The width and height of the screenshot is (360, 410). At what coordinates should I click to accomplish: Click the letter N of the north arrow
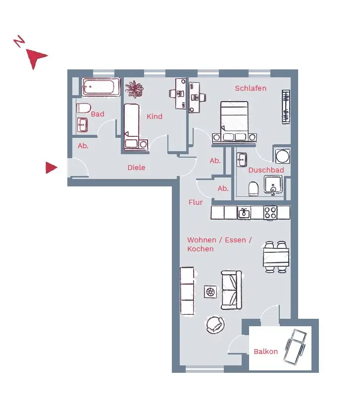pos(19,42)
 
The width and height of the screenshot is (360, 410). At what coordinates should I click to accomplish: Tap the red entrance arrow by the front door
pos(51,168)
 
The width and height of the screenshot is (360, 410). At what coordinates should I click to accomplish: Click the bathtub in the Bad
pos(101,88)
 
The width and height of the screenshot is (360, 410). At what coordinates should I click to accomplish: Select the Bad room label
pos(98,114)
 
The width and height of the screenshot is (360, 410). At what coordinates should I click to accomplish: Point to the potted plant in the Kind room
pos(134,89)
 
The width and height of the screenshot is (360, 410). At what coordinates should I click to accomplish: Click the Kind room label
pos(154,117)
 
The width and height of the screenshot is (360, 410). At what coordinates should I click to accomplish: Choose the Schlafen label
pos(251,88)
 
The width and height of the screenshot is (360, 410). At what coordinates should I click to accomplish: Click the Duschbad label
pos(266,170)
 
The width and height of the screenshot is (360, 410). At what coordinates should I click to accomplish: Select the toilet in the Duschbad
pos(254,188)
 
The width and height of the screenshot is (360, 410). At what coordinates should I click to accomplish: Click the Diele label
pos(136,168)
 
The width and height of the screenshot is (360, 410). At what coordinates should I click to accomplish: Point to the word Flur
pos(196,202)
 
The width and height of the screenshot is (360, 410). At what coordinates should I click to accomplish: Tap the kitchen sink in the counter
pos(244,213)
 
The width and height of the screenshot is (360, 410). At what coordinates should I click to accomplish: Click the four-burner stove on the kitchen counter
pos(270,213)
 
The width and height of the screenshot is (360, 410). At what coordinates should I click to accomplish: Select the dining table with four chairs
pos(276,257)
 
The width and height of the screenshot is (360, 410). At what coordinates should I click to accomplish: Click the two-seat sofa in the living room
pos(232,290)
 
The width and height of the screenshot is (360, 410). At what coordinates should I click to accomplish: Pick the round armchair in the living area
pos(215,325)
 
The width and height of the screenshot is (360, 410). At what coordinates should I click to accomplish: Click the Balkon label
pos(266,351)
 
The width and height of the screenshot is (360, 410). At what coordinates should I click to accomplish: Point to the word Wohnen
pos(202,240)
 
